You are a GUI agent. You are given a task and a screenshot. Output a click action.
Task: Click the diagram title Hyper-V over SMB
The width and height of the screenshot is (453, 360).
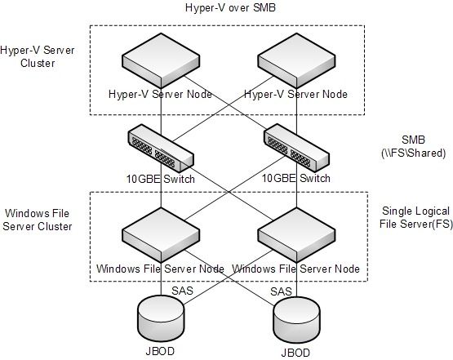click(x=230, y=7)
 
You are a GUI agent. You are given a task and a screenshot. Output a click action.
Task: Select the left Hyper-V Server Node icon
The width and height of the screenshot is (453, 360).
click(x=161, y=60)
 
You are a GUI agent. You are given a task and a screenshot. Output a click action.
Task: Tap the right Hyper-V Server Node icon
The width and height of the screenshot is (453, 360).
click(x=296, y=60)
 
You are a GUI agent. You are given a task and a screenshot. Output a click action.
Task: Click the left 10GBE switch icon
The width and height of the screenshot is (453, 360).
click(x=161, y=149)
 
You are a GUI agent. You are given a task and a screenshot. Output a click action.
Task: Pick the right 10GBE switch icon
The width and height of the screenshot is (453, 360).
click(x=296, y=149)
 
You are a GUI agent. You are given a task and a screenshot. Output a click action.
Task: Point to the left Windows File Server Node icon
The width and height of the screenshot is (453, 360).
click(x=161, y=235)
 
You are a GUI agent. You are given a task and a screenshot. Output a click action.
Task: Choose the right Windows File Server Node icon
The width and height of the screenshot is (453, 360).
click(x=296, y=235)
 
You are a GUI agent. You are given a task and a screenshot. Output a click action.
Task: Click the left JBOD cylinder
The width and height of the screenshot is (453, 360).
click(x=161, y=318)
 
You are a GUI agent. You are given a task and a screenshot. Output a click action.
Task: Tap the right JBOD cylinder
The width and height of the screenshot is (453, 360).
click(x=296, y=319)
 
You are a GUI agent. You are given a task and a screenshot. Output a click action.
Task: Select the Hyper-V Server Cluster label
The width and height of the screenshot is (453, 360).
click(x=38, y=56)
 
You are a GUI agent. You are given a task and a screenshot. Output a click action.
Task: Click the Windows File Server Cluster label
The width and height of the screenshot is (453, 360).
click(x=38, y=220)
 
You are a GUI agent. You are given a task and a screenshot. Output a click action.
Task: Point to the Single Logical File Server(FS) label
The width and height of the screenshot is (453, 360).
click(x=415, y=217)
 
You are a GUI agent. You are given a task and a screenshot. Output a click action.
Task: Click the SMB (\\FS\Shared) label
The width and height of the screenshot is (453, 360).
click(x=414, y=146)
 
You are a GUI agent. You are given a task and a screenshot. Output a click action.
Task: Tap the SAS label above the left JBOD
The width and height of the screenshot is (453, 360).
click(x=182, y=291)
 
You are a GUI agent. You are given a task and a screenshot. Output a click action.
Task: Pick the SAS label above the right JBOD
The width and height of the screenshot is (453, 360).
click(x=281, y=291)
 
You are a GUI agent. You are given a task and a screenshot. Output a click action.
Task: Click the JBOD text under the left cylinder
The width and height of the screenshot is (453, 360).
click(x=160, y=351)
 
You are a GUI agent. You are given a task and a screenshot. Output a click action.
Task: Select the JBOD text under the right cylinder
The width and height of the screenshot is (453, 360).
click(x=295, y=353)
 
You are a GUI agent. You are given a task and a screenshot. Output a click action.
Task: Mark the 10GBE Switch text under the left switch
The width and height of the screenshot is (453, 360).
click(x=161, y=179)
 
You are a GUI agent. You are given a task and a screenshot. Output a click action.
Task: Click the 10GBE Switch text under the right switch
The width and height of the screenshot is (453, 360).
click(x=296, y=178)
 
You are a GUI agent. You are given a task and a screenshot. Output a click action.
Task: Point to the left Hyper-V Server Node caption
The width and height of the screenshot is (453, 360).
click(x=160, y=94)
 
